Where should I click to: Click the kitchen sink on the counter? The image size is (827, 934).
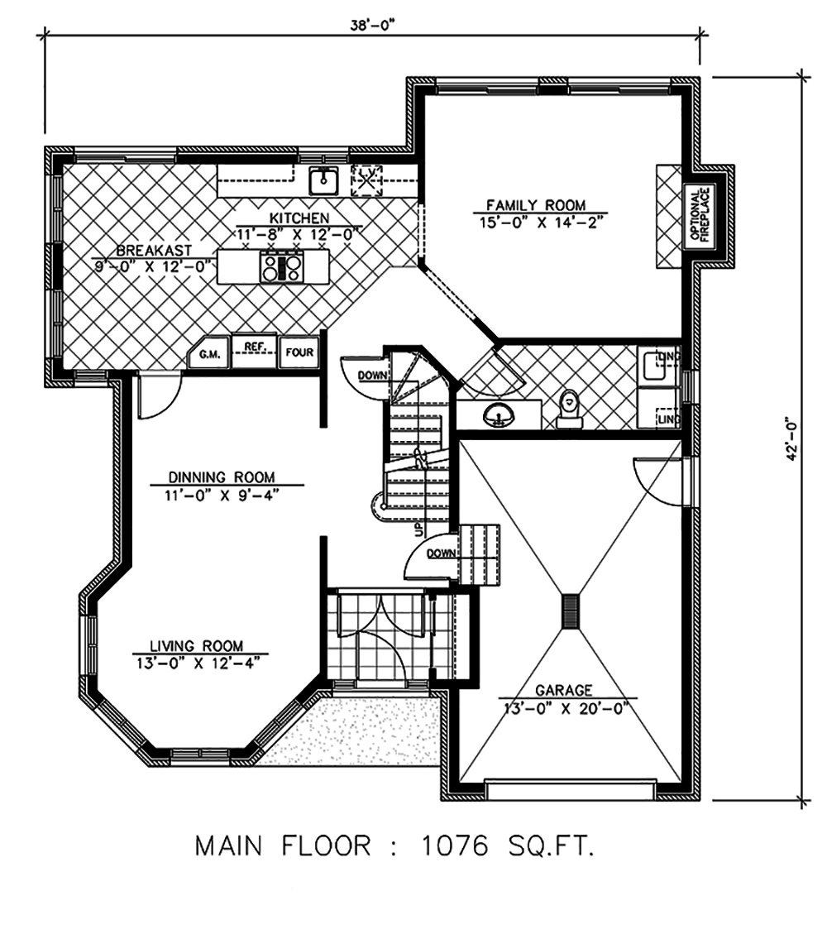[322, 180]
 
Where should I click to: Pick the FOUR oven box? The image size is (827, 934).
[299, 352]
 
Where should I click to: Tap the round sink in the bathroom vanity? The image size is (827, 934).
[499, 414]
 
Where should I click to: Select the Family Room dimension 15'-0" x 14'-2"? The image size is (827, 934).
[535, 222]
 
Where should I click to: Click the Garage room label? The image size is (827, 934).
[562, 689]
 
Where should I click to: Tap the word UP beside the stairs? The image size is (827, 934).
[418, 529]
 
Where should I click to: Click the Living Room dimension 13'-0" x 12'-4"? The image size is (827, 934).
[196, 662]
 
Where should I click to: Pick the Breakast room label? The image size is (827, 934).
[154, 250]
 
